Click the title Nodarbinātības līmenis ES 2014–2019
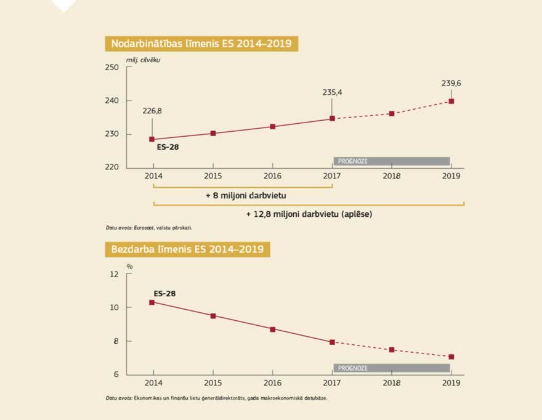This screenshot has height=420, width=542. tap(201, 44)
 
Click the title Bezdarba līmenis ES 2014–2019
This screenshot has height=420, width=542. tap(187, 249)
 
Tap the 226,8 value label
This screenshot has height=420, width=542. tap(152, 111)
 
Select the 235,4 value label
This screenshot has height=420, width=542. tap(332, 92)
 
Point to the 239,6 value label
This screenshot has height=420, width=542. tap(451, 83)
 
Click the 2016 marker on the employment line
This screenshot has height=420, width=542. tap(273, 127)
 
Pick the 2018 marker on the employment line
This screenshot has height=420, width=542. tap(392, 114)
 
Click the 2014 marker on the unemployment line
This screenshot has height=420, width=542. tap(152, 302)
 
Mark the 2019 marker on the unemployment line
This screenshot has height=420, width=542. tap(451, 357)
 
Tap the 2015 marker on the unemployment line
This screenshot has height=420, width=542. tap(213, 316)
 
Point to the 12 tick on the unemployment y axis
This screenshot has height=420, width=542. tap(113, 274)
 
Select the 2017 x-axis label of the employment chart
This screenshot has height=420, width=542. tap(332, 176)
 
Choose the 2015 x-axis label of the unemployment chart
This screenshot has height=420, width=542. tap(213, 382)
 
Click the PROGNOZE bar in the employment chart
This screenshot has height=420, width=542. tap(392, 161)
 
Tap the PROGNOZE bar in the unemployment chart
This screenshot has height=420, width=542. tap(392, 368)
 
